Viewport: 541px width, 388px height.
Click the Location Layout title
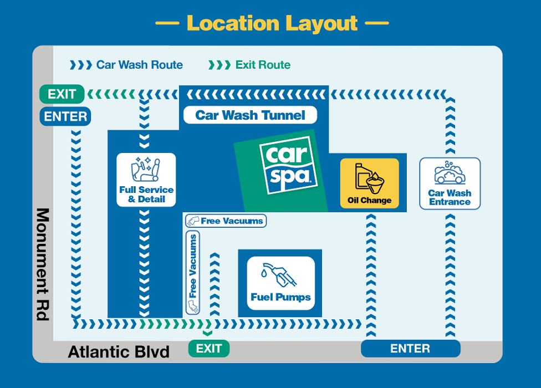tap(272, 23)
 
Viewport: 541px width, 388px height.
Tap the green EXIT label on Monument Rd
tap(62, 94)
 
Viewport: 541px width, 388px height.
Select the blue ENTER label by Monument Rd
tap(65, 116)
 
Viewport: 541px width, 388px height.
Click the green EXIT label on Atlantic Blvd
tap(209, 349)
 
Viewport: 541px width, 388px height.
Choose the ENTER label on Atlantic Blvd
tap(411, 348)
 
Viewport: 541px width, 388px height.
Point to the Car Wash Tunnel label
tap(250, 115)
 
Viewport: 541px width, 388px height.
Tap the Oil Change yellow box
tap(370, 183)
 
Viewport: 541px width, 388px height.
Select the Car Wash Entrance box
tap(450, 183)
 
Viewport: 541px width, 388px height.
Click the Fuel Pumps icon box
tap(281, 283)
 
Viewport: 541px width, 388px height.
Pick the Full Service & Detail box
tap(146, 180)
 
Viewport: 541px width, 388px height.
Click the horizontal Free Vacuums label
tap(226, 221)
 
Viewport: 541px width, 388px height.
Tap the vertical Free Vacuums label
tap(193, 273)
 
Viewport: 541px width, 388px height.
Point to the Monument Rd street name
tap(43, 264)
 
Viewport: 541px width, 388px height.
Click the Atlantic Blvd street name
tap(119, 352)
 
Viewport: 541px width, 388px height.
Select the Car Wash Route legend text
tap(139, 65)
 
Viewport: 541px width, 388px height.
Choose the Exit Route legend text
tap(263, 65)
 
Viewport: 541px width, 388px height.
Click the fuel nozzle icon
tap(279, 275)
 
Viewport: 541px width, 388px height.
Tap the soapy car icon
tap(450, 172)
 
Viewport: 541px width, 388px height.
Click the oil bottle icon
tap(370, 178)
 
